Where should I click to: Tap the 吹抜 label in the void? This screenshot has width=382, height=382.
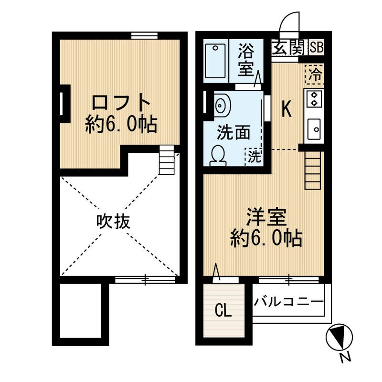coord(113,221)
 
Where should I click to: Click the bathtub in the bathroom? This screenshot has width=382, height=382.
coord(216,61)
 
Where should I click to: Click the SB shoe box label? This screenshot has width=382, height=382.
coord(316,48)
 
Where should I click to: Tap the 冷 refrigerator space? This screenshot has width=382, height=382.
coord(315,74)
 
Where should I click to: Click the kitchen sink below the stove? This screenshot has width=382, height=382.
coord(315,127)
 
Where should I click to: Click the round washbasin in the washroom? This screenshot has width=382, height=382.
coord(220,104)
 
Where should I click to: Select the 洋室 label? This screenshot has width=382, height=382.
coord(266,217)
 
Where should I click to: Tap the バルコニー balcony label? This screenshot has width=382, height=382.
coord(289,302)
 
